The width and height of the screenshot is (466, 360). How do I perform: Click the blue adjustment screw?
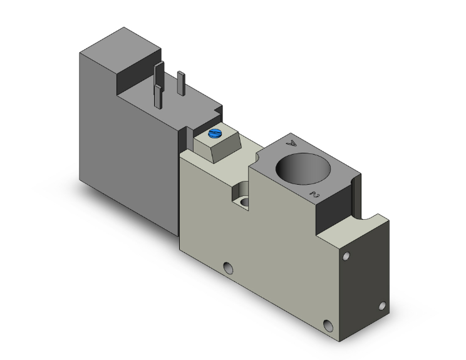coord(215,134)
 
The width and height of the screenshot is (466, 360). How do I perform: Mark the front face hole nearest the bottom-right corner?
coord(328,325)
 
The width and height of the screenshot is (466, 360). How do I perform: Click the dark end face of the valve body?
coord(366,282)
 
